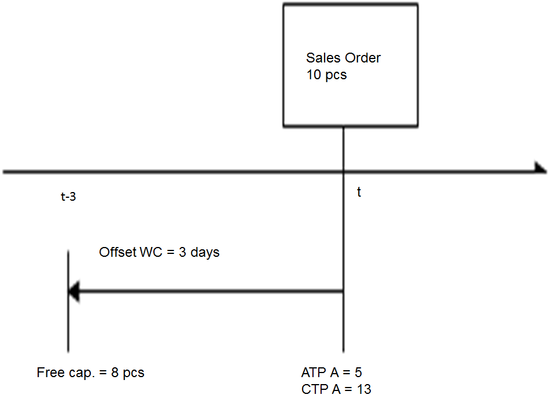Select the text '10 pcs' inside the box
(326, 75)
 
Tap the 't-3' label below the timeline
(68, 197)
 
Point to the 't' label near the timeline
(359, 193)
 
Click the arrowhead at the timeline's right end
(540, 168)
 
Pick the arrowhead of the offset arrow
(73, 292)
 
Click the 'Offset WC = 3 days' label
(159, 253)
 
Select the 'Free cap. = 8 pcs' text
(90, 373)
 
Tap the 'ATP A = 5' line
(331, 372)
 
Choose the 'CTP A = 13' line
(336, 389)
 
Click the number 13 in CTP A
(364, 389)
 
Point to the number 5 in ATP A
(359, 372)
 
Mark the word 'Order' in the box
(363, 58)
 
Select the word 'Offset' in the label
(117, 253)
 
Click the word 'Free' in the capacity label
(50, 373)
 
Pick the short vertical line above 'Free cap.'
(68, 301)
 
